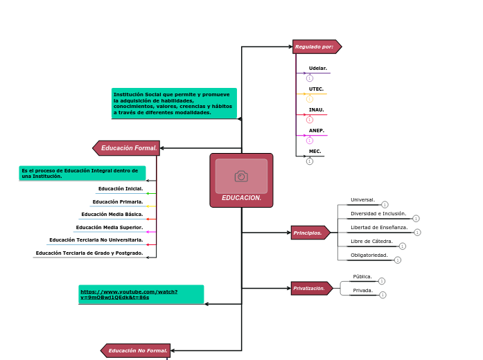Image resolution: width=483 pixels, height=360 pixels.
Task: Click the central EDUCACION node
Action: click(241, 197)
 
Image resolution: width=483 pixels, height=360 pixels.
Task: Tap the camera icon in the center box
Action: click(241, 177)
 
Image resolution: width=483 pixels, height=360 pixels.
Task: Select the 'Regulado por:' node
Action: click(315, 47)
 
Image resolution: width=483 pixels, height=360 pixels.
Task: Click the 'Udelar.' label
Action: click(318, 69)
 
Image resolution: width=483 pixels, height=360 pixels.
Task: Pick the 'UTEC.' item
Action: click(316, 89)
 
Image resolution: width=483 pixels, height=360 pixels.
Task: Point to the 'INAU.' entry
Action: click(316, 110)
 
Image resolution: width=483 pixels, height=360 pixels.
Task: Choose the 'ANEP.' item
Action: click(317, 131)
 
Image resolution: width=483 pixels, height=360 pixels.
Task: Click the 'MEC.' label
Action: click(315, 152)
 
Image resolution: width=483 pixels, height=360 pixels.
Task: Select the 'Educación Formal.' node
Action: click(128, 148)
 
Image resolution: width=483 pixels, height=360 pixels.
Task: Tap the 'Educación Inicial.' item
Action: click(121, 189)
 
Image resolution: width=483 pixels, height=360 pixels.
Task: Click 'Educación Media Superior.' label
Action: click(109, 228)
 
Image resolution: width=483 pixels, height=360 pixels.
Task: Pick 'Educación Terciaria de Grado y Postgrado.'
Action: click(89, 253)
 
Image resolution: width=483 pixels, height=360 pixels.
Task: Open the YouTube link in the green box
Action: click(129, 294)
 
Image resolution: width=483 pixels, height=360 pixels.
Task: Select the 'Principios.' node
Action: click(308, 233)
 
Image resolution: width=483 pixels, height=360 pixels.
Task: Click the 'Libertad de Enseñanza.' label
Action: click(379, 228)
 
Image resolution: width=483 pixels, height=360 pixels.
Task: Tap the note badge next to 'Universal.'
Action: click(385, 205)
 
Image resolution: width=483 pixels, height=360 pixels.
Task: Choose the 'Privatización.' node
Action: click(310, 289)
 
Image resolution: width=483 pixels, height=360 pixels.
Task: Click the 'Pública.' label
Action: click(362, 277)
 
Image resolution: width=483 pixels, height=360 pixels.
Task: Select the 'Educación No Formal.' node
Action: click(137, 351)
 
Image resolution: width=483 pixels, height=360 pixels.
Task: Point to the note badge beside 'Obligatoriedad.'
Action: click(398, 260)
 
